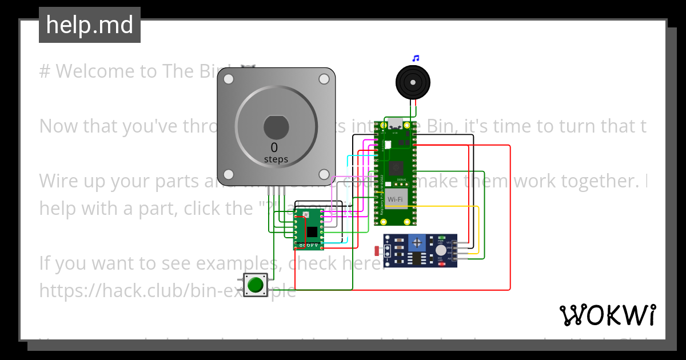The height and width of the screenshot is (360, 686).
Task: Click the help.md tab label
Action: (90, 25)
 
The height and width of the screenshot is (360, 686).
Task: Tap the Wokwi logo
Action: (607, 315)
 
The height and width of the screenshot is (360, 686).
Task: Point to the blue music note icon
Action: (416, 58)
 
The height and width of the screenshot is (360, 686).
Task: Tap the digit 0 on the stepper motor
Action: (274, 148)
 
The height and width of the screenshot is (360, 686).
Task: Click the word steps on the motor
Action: (276, 159)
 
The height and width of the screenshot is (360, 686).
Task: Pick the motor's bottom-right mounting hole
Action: (324, 174)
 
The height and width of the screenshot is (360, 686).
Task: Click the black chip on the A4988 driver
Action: (312, 231)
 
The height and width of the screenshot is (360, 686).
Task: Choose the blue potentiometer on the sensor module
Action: (417, 243)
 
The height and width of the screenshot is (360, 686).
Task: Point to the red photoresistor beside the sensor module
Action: (377, 250)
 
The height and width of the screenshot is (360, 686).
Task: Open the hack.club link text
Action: (167, 291)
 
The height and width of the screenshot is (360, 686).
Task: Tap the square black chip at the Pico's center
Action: (394, 168)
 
